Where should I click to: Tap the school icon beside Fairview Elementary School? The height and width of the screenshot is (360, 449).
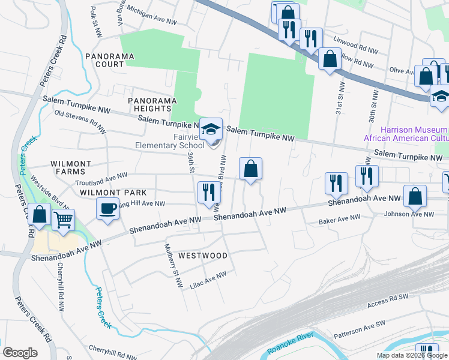point(211,129)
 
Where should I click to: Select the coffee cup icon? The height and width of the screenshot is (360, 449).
point(108,209)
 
